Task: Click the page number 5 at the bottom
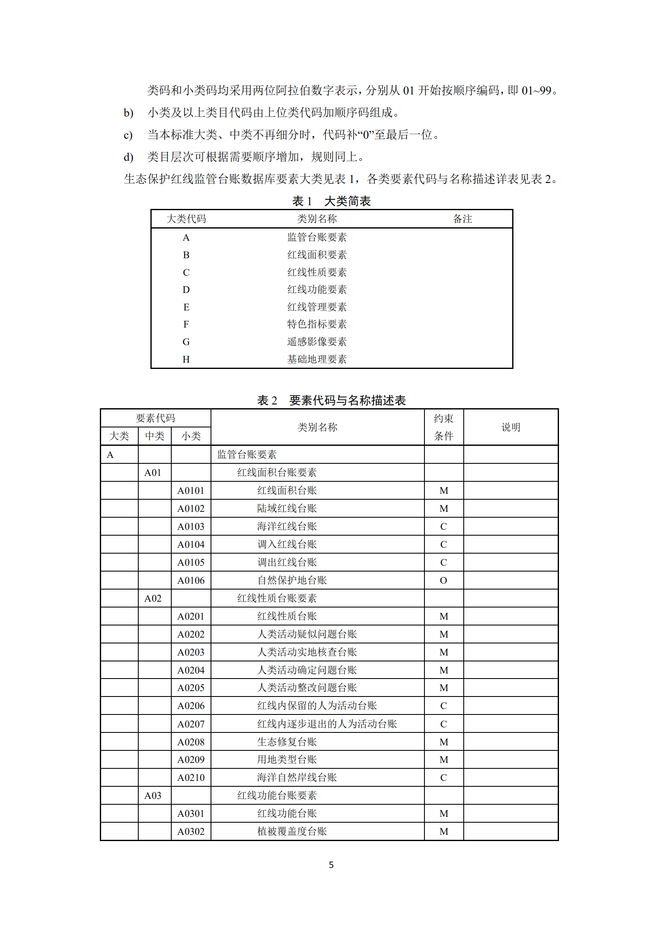331,864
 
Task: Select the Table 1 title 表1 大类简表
331,201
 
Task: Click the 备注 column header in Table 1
462,219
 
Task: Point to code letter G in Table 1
186,342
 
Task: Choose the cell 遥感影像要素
317,342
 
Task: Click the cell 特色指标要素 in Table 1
317,324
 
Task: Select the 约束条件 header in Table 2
444,427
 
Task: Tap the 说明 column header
511,427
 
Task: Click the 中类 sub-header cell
155,436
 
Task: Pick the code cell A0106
191,580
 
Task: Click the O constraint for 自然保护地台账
444,580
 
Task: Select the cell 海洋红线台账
287,526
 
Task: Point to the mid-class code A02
153,598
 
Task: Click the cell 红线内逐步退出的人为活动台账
327,724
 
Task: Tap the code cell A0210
191,778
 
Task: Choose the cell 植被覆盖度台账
292,831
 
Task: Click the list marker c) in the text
128,135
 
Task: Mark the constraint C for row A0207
444,724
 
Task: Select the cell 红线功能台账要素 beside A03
277,796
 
